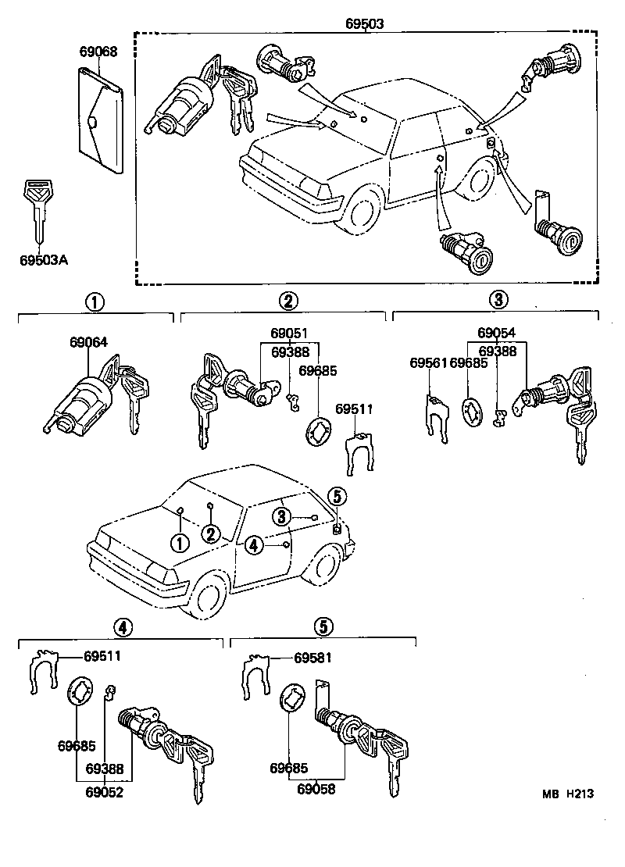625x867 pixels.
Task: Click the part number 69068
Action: pos(98,52)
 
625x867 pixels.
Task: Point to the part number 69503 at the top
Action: pos(365,23)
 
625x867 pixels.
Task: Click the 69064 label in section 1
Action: pos(88,342)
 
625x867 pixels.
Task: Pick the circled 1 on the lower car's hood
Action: pos(180,543)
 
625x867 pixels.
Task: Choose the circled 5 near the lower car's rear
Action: pos(336,495)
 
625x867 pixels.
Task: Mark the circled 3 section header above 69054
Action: pos(498,300)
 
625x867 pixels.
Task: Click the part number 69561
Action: pos(428,362)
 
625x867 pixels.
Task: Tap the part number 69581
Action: pos(313,658)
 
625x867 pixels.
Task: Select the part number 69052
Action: pos(104,789)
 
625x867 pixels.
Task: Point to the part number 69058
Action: pos(316,789)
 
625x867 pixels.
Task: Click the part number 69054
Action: pos(497,332)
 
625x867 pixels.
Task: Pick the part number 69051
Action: pos(289,332)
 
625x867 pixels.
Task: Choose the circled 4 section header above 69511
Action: pos(121,626)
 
